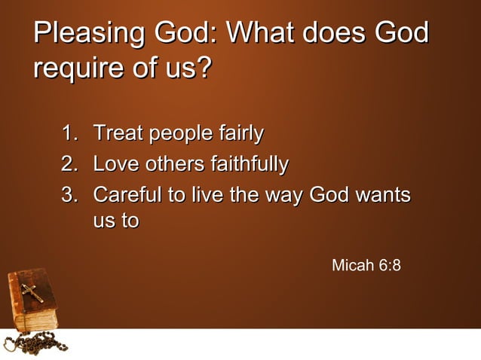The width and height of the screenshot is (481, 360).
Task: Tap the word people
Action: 181,136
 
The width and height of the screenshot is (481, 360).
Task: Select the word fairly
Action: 240,135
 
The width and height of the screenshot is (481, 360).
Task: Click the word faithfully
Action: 251,164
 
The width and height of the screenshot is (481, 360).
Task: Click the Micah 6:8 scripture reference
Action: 366,266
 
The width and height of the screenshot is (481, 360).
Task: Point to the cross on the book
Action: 32,291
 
